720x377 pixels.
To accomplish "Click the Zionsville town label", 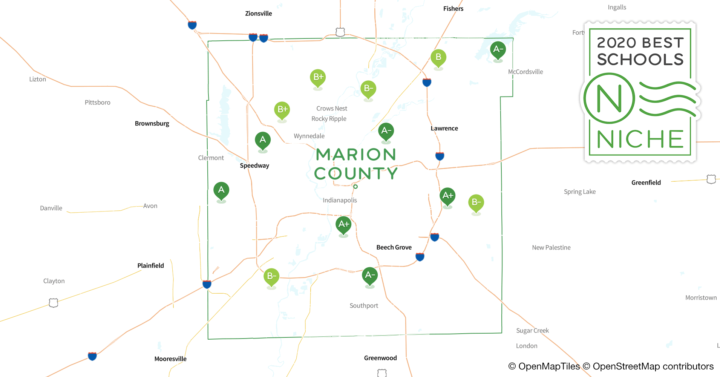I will (258, 14).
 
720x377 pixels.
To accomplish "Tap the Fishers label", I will (453, 9).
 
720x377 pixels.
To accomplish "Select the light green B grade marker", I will (438, 58).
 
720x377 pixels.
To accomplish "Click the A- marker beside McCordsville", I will (498, 49).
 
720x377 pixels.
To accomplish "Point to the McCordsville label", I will (525, 72).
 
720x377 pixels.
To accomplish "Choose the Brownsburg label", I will (152, 124).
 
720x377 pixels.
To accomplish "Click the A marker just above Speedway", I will (263, 140).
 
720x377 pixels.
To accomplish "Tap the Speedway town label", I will (254, 166).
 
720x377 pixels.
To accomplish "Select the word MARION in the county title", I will (356, 155).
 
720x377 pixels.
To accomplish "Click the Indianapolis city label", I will (340, 200).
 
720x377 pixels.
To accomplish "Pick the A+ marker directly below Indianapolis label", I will (343, 224).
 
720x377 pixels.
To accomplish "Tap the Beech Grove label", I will (394, 247).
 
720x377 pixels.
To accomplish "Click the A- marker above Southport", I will (370, 275).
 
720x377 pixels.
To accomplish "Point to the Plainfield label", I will (150, 265).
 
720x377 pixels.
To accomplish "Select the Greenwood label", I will (380, 358).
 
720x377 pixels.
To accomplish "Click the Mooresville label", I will (170, 359).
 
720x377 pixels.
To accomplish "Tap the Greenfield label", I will (646, 182).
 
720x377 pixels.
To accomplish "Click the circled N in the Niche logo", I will (609, 98).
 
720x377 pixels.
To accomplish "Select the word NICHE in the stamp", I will (640, 139).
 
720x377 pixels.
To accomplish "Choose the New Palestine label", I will (551, 248).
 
